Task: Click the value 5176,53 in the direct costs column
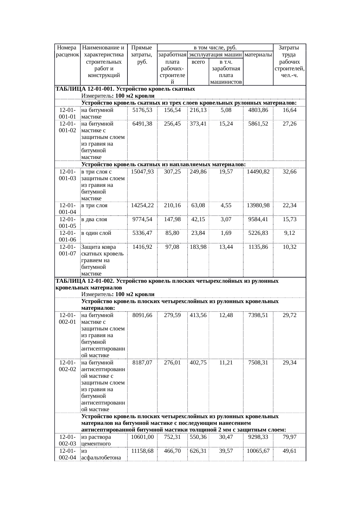[142, 110]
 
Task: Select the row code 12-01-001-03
[67, 175]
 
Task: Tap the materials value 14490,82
[258, 172]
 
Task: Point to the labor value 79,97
[289, 437]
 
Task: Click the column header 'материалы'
[258, 55]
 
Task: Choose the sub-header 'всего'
[198, 62]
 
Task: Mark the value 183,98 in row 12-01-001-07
[198, 247]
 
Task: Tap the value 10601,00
[142, 437]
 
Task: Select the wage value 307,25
[172, 172]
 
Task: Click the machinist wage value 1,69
[226, 233]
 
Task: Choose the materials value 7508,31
[258, 363]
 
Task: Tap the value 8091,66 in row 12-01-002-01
[142, 315]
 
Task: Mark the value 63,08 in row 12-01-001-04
[198, 205]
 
